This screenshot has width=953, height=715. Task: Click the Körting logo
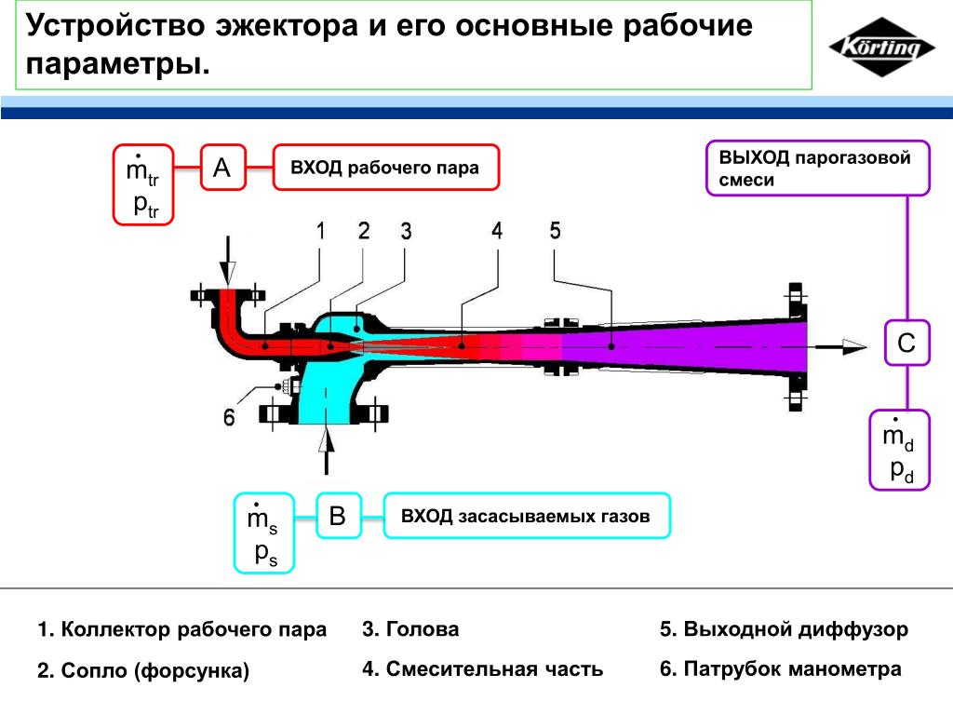pos(881,47)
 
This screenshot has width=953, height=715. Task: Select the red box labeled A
pos(221,168)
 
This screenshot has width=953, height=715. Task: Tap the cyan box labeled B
pos(338,516)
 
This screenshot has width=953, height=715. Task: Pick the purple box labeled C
pos(906,344)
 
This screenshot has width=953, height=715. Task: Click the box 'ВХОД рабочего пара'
pos(385,168)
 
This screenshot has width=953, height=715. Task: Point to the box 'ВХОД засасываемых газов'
pos(526,516)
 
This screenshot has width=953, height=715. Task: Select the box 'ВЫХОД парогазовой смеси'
pos(817,169)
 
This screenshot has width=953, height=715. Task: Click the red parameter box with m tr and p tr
pos(143,184)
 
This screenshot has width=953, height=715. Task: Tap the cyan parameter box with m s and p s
pos(262,532)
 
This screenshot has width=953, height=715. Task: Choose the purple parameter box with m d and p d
pos(899,450)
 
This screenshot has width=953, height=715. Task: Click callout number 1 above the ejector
pos(320,232)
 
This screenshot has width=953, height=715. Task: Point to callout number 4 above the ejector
pos(498,231)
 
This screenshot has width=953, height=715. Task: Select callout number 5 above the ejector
pos(556,231)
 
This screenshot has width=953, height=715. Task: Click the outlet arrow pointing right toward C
pos(842,345)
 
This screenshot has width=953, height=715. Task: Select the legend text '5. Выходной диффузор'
pos(784,629)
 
